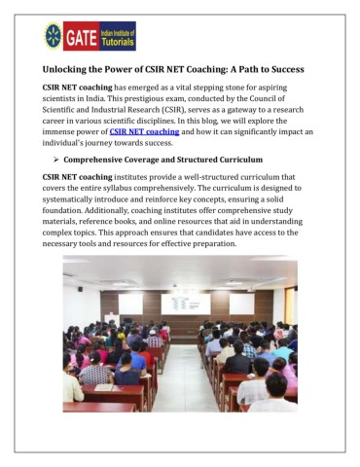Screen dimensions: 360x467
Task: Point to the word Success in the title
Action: click(x=278, y=70)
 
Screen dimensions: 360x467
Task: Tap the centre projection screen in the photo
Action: click(x=186, y=303)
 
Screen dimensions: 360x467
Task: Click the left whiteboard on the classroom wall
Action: click(x=130, y=304)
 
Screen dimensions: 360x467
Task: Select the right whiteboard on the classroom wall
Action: click(x=241, y=305)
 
